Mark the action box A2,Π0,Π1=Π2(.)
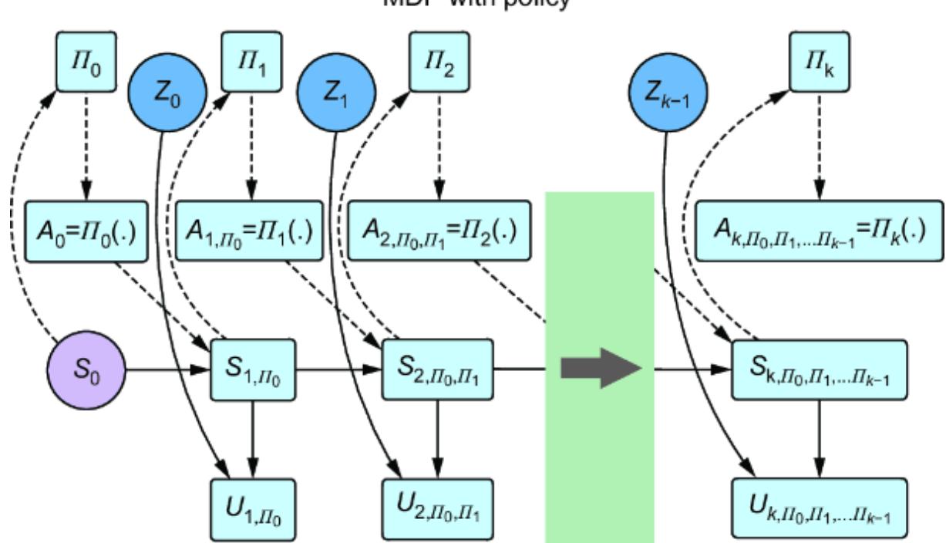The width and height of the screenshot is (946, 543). click(439, 231)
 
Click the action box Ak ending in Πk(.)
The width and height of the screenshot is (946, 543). click(819, 231)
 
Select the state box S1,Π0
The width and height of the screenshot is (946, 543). click(253, 371)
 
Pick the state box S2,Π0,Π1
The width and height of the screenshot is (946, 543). click(438, 371)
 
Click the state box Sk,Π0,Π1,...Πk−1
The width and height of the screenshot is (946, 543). click(819, 371)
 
